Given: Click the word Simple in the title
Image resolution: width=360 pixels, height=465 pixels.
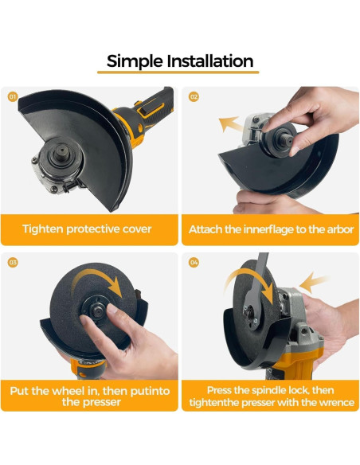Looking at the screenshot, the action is click(135, 61).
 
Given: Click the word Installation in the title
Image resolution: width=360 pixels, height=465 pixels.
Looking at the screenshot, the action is click(210, 61).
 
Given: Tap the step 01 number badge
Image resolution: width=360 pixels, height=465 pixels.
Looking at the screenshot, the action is click(13, 96).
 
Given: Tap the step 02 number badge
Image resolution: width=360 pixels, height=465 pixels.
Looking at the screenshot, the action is click(194, 96).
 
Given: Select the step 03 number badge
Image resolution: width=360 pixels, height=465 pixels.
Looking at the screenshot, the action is click(13, 262).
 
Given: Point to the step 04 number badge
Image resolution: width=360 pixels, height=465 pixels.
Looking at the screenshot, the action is click(194, 262).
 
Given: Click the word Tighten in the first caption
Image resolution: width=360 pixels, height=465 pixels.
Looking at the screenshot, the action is click(43, 229).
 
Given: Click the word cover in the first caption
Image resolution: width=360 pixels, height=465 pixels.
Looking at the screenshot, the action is click(137, 229).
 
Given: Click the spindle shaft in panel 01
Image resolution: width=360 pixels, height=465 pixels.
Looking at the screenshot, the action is click(61, 151).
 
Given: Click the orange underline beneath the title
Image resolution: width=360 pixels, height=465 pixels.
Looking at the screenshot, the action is click(178, 72).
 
